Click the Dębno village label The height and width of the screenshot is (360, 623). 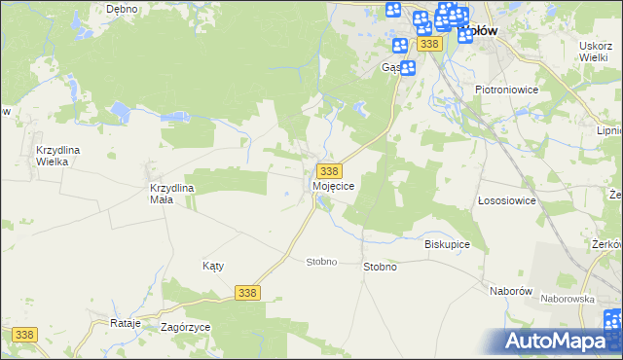(x=123, y=9)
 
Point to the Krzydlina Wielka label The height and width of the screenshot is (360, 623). (x=64, y=156)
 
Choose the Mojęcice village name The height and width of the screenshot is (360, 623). (x=334, y=185)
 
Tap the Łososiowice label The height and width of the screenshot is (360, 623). (x=507, y=200)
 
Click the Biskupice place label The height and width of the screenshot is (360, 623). (x=448, y=244)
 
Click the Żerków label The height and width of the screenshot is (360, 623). (x=607, y=244)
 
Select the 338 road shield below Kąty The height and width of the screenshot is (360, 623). (x=248, y=293)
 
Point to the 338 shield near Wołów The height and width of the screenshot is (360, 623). (x=430, y=45)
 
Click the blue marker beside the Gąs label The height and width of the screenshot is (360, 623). (x=408, y=67)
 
